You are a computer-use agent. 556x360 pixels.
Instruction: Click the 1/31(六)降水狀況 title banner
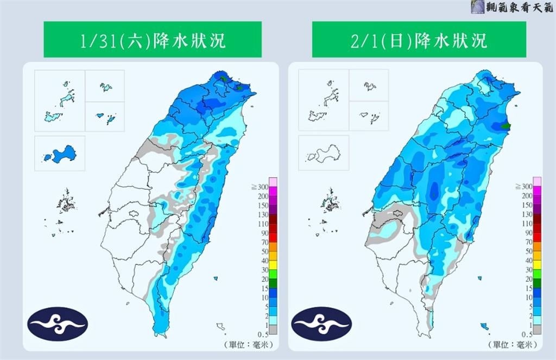tap(153, 40)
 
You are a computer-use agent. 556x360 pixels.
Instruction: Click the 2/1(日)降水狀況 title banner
tap(419, 40)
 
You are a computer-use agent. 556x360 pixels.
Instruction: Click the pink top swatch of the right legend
tap(536, 181)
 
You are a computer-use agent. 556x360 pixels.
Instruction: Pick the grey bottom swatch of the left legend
tap(273, 330)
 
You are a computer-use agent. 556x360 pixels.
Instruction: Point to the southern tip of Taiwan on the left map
tap(158, 332)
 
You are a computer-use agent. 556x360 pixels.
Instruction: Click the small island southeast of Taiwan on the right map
tap(484, 326)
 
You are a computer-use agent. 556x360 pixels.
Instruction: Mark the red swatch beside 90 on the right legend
tap(536, 233)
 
